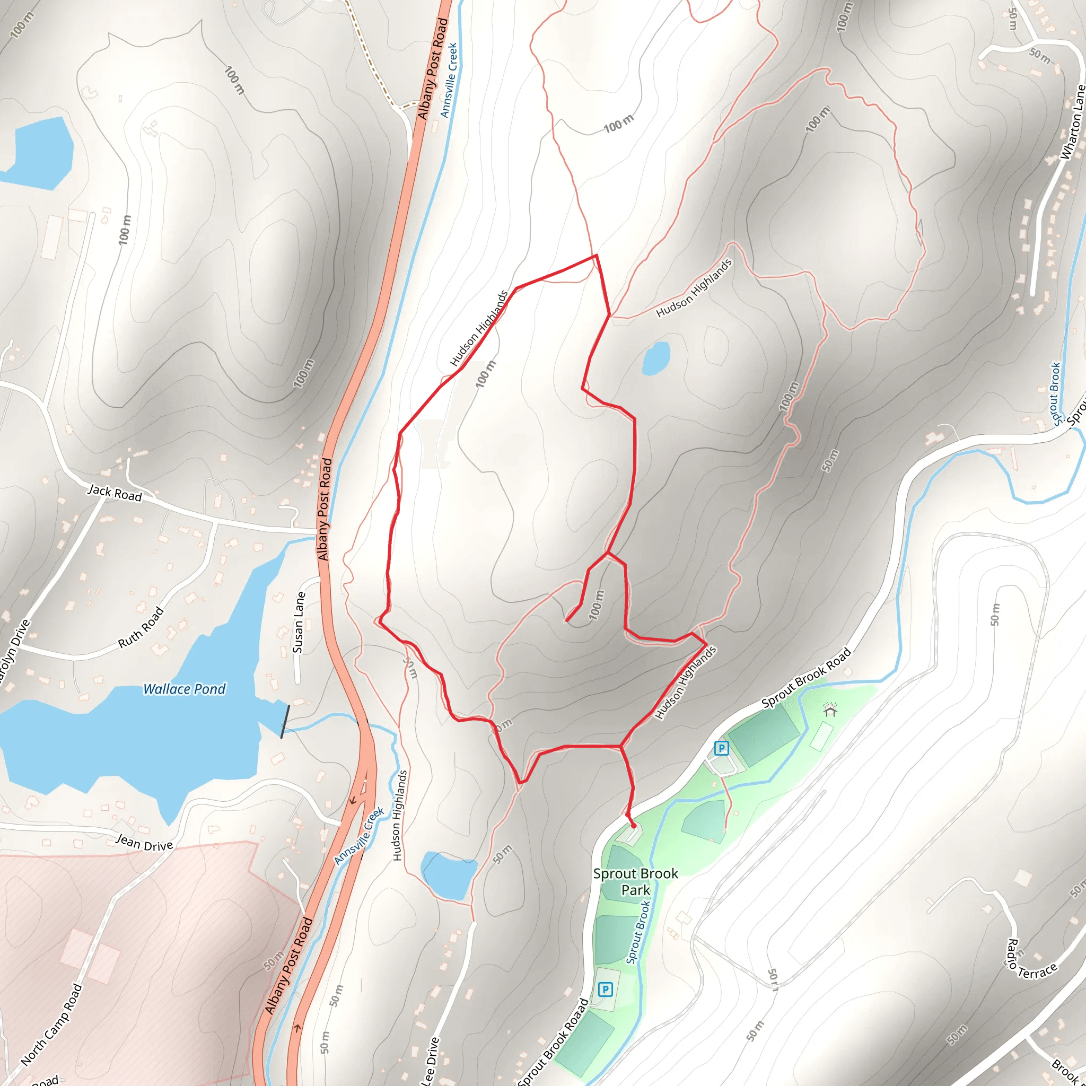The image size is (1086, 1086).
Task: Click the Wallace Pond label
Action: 184,689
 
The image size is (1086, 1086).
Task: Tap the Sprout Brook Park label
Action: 635,881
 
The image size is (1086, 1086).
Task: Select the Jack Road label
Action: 115,493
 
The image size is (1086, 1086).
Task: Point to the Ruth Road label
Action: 141,627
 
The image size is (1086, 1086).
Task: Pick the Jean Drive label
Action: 144,843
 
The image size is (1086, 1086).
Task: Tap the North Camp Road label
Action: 52,1024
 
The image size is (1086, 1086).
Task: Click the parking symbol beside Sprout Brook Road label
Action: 721,748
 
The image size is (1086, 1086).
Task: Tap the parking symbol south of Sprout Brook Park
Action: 605,989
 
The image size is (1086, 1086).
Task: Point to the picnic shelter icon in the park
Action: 830,711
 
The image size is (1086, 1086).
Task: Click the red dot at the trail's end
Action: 634,826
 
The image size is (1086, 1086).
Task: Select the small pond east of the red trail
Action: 656,358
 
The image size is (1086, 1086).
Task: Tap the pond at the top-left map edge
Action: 39,152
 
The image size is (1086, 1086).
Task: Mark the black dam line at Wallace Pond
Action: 286,721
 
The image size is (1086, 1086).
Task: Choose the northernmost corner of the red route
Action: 597,255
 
